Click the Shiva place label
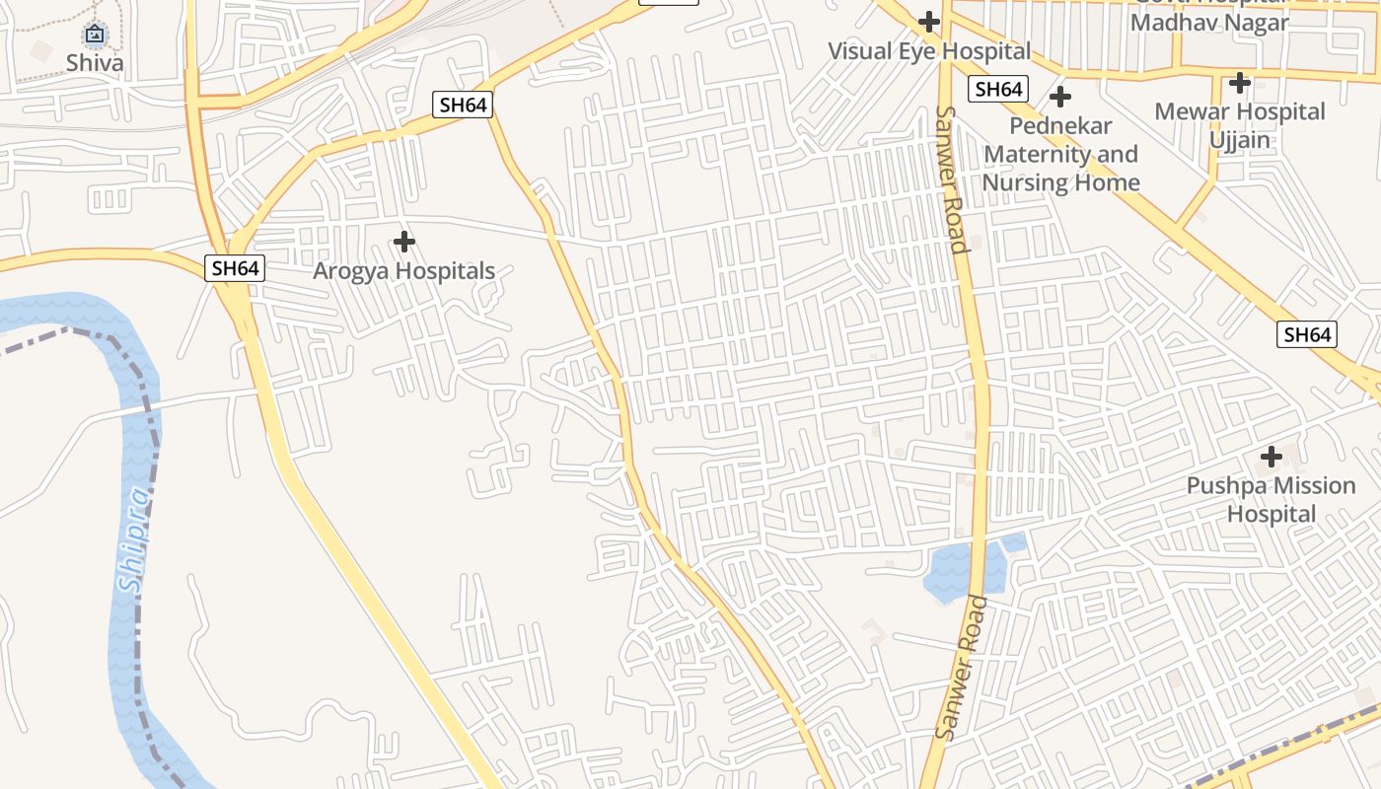click(x=95, y=63)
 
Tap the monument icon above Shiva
click(x=95, y=36)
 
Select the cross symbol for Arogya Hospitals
click(x=403, y=241)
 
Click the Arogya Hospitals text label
click(x=403, y=270)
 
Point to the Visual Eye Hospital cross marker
click(x=928, y=21)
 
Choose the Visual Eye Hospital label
click(x=928, y=50)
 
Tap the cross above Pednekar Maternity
click(x=1060, y=97)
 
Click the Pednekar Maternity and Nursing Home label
click(x=1060, y=154)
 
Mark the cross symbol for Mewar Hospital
click(x=1240, y=83)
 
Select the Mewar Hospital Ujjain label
click(x=1240, y=125)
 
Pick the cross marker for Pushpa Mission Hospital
click(x=1272, y=457)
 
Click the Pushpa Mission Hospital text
click(x=1272, y=499)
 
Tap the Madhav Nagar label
click(x=1209, y=22)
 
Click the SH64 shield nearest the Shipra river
click(x=235, y=267)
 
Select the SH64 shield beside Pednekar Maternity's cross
click(x=998, y=89)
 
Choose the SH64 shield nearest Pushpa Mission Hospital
click(x=1308, y=334)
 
